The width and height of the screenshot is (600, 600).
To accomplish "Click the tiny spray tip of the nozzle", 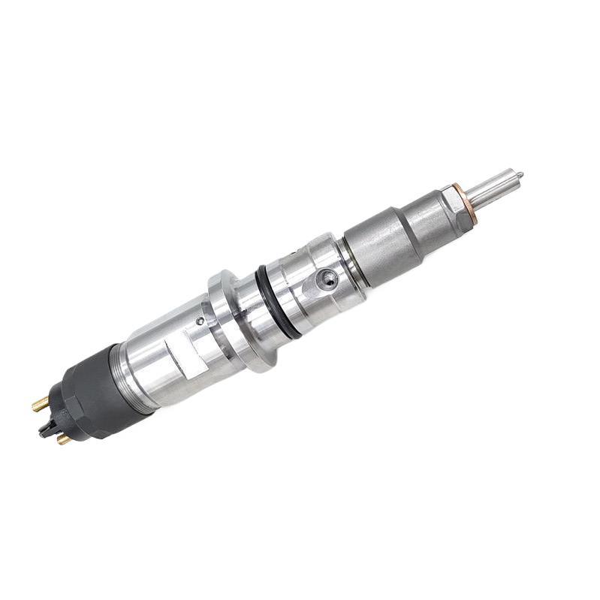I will click(519, 175).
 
